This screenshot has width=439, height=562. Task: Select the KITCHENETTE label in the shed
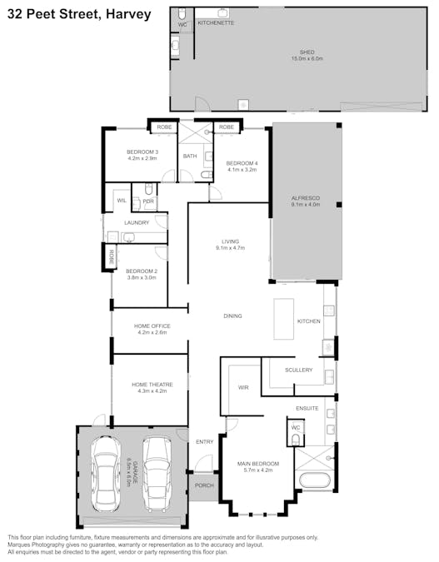216,23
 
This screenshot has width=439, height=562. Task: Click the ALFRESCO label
306,197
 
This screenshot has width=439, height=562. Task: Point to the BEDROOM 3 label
142,152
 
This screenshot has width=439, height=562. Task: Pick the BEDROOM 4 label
242,162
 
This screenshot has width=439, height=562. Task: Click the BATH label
190,156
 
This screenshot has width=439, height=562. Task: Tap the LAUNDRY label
136,222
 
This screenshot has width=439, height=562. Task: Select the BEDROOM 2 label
142,271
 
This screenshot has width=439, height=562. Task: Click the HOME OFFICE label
152,326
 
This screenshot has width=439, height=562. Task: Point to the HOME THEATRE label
151,384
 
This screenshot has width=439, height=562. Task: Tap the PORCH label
203,485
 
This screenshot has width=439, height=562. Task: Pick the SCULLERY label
298,370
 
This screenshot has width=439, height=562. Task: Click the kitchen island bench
284,319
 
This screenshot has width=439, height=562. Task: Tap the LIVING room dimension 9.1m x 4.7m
229,248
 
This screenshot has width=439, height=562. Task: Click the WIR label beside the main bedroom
243,388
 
